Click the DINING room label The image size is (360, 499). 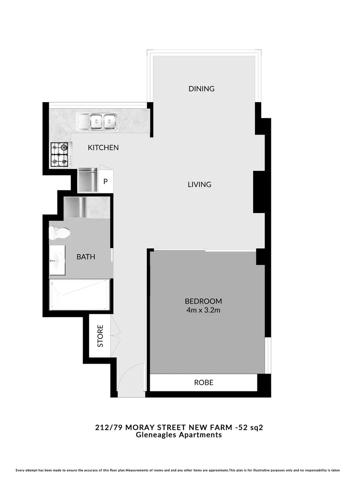[x=201, y=89]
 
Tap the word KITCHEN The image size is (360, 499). [x=104, y=148]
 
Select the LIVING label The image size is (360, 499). [x=199, y=184]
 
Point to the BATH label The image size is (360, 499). [x=86, y=256]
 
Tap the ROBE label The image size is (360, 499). [x=203, y=383]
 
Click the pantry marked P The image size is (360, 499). [x=105, y=182]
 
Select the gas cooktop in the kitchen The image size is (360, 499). [x=60, y=154]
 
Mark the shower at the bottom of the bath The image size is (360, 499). [x=79, y=295]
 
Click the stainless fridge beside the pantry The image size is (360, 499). [x=87, y=180]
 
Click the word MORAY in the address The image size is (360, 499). [x=134, y=427]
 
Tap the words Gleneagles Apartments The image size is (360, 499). [x=178, y=435]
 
